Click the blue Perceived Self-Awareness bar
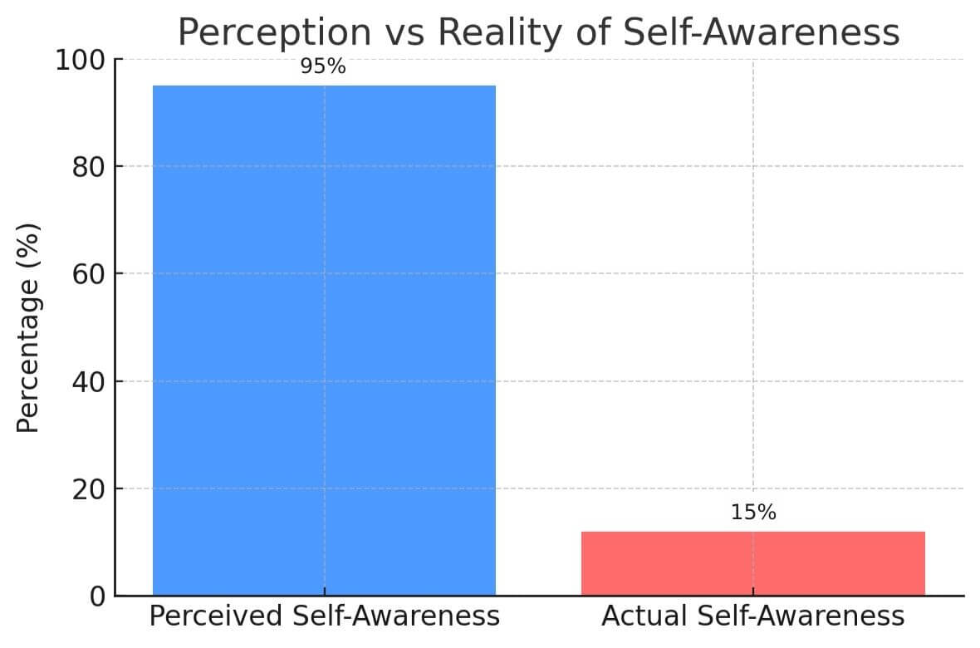click(324, 341)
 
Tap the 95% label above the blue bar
click(323, 66)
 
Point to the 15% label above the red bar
click(753, 513)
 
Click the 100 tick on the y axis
click(80, 61)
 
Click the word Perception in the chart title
click(275, 32)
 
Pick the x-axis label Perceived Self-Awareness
click(324, 616)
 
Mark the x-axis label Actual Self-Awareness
click(752, 616)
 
